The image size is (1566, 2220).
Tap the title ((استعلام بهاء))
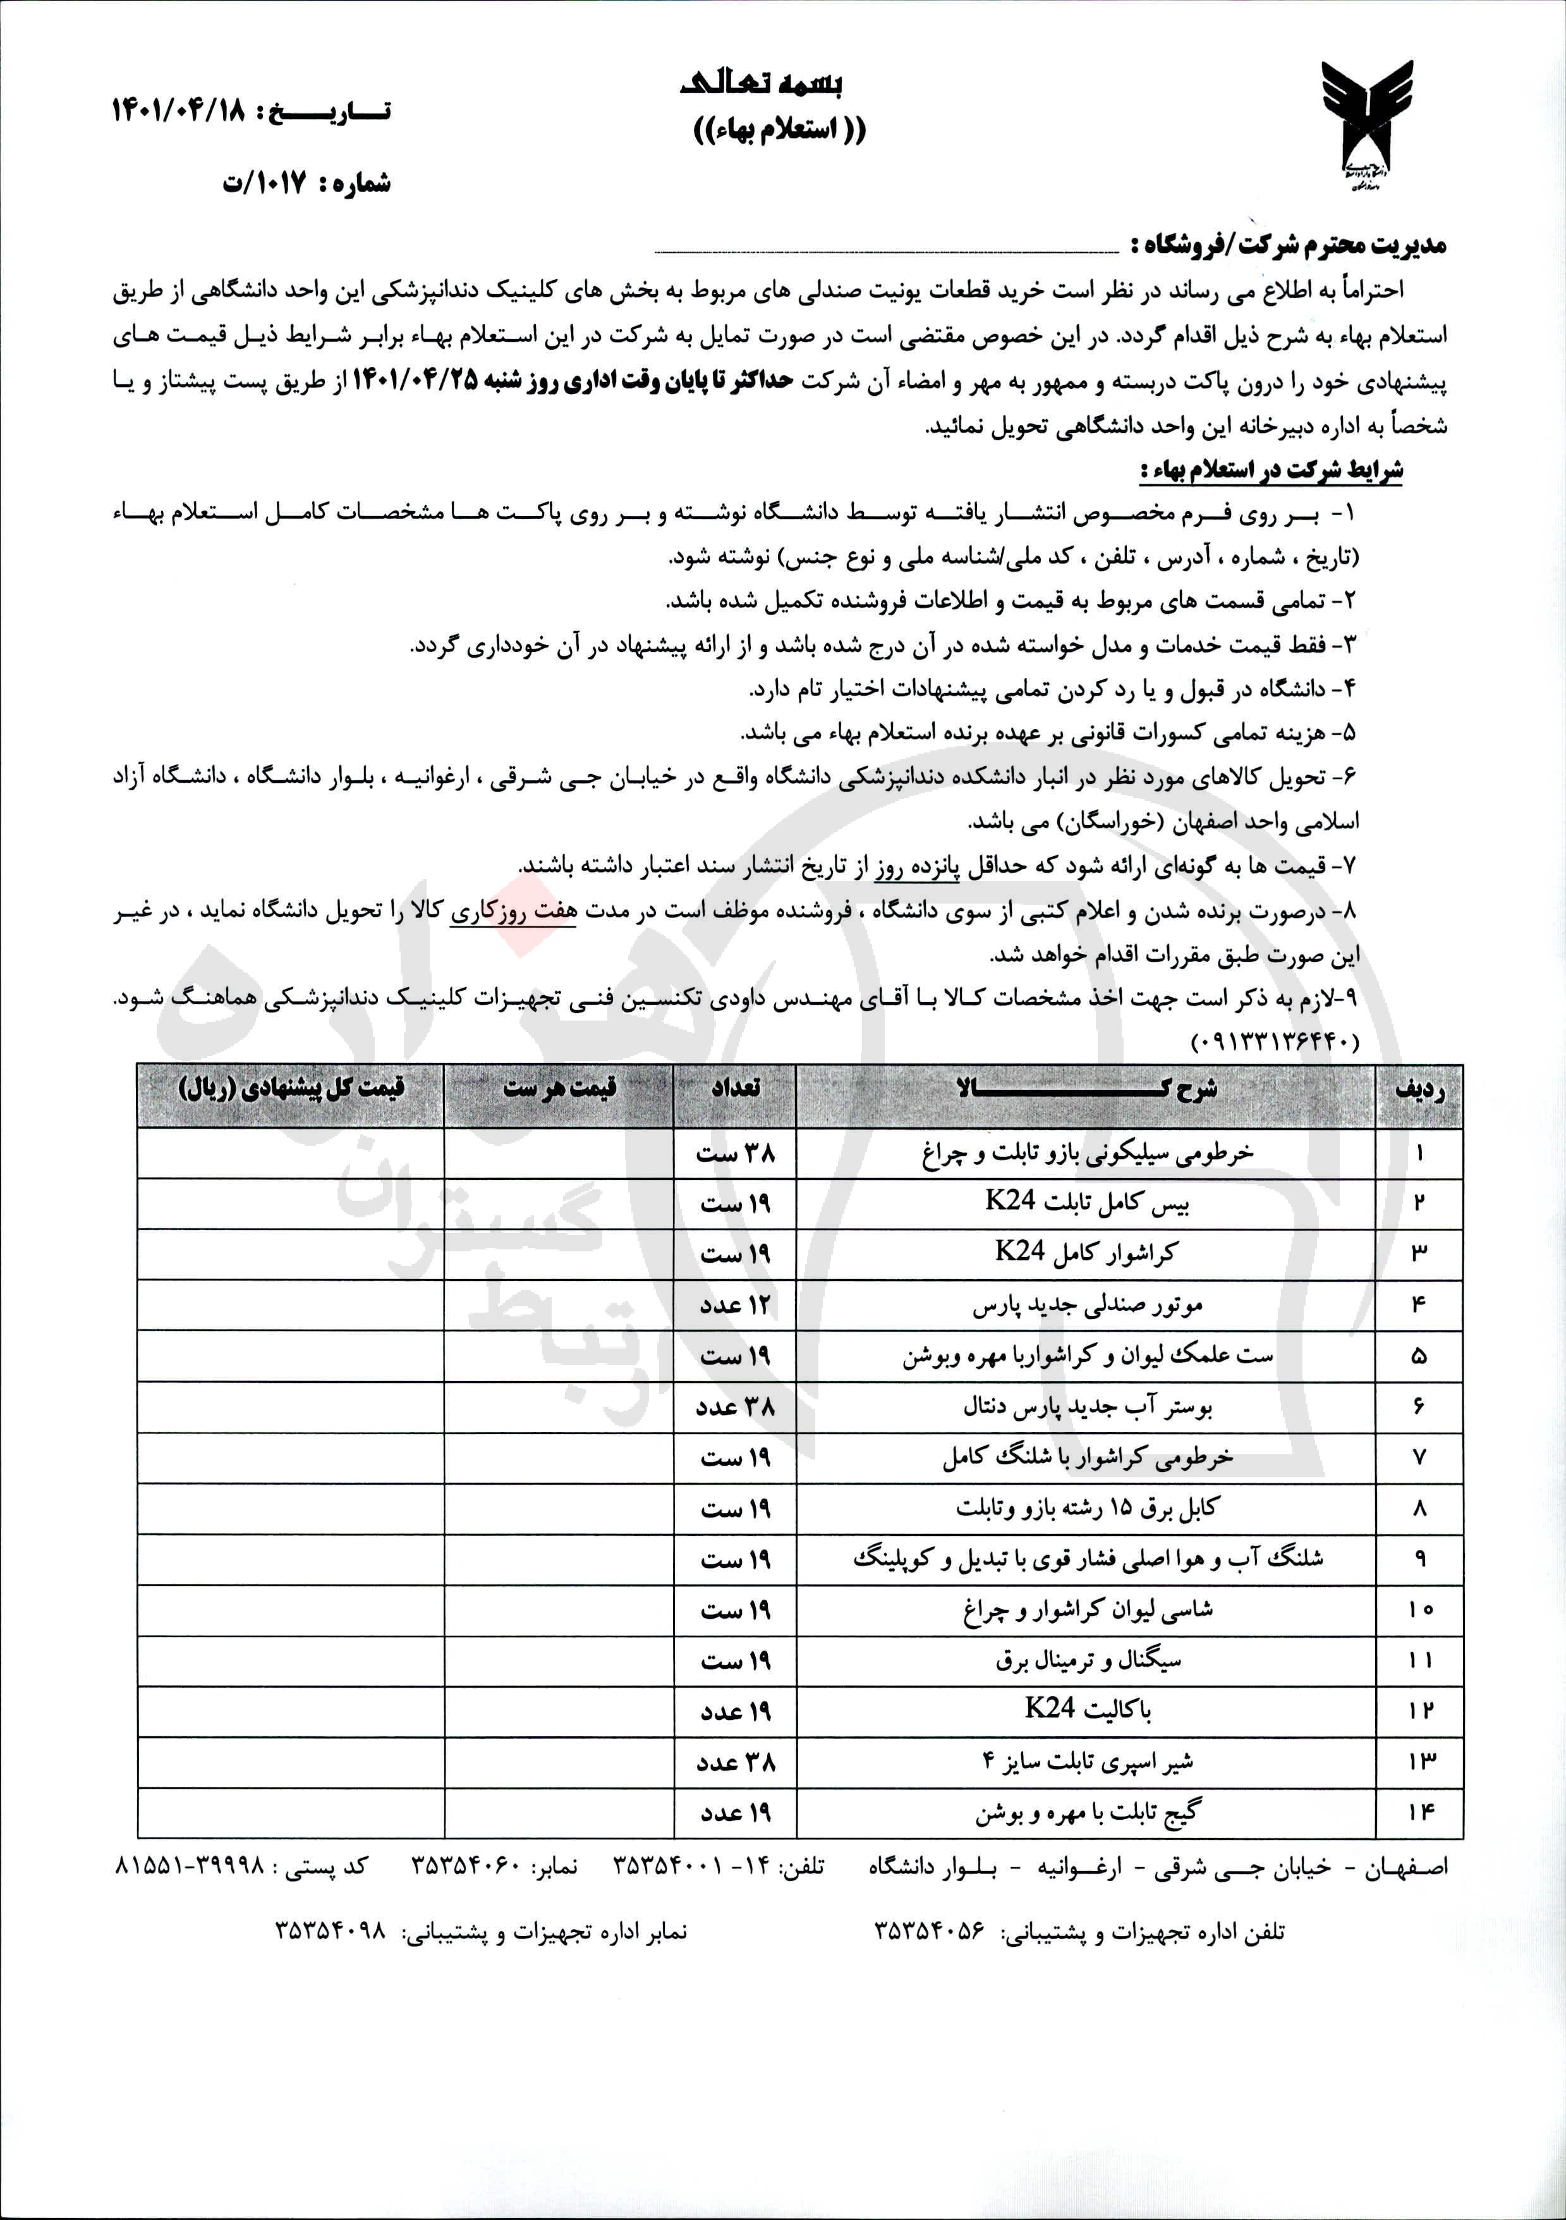point(779,130)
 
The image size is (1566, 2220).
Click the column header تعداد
point(735,1088)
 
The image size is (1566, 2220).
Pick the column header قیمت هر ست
point(559,1088)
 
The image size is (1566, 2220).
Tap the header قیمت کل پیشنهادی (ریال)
point(291,1088)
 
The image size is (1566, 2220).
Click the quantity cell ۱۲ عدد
point(735,1305)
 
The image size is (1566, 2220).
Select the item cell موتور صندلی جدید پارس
point(1086,1305)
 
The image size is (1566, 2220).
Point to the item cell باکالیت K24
point(1086,1708)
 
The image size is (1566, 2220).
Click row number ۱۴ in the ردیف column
point(1419,1811)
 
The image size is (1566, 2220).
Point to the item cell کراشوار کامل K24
point(1086,1253)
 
